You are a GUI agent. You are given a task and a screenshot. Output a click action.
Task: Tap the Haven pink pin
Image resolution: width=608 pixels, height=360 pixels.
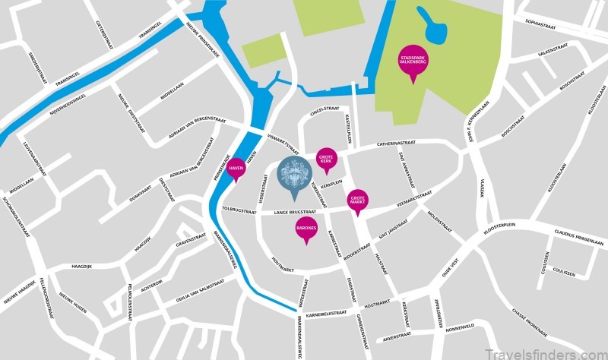[x=236, y=168]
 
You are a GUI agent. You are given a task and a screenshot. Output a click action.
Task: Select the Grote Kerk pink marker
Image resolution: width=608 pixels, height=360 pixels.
[x=326, y=159]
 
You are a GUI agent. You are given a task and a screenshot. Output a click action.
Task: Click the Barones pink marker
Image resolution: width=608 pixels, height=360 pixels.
[x=306, y=228]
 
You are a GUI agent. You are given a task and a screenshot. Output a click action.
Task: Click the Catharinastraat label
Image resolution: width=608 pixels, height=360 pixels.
[x=397, y=143]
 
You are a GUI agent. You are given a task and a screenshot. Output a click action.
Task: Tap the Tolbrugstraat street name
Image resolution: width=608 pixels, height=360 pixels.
[x=236, y=207]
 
